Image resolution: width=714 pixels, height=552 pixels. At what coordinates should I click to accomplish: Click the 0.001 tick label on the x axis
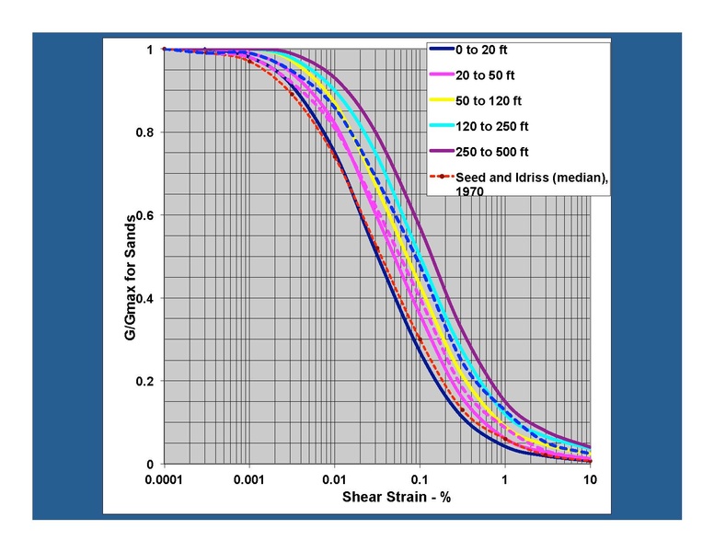click(x=249, y=479)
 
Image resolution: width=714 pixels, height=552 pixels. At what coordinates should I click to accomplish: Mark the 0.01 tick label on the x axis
click(x=335, y=479)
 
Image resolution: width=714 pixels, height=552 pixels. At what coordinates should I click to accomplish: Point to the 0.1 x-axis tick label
click(x=420, y=479)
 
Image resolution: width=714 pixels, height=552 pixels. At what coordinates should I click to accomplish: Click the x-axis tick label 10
click(x=590, y=479)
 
